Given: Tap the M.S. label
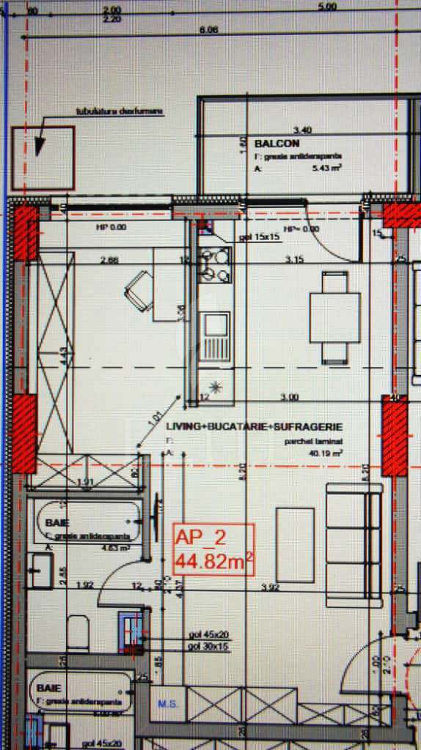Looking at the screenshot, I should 166,704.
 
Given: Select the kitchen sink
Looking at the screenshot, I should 215,337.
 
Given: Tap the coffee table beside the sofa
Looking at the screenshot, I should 295,543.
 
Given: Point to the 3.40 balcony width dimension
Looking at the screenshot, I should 302,130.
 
